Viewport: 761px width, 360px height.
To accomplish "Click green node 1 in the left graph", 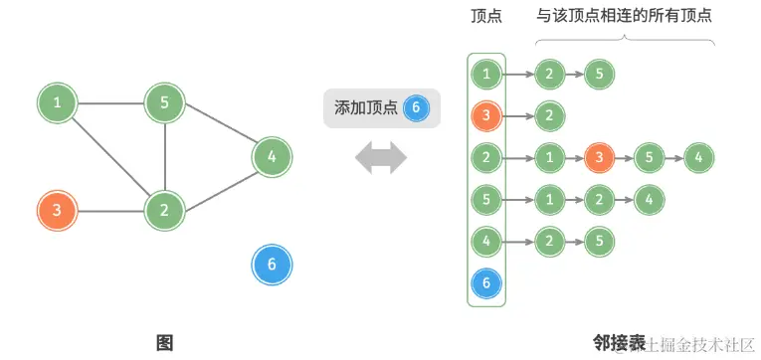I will coord(58,102).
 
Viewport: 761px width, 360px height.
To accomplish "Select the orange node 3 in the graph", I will coord(58,211).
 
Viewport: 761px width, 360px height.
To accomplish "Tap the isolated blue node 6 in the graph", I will coord(272,265).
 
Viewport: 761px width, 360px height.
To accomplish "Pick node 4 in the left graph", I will coord(272,156).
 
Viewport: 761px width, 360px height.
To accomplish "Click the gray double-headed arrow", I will coord(381,156).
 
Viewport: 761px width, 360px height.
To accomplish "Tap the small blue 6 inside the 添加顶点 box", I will coord(417,107).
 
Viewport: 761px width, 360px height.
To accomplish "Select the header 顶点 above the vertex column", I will coord(486,16).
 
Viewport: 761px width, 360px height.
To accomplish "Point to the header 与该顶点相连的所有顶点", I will coord(624,16).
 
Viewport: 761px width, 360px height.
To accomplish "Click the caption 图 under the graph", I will coord(164,343).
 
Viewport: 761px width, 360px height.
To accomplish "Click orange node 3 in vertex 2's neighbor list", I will coord(598,157).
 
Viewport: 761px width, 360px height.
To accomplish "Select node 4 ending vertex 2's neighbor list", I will coord(699,157).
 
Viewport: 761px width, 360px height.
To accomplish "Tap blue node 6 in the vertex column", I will coord(486,283).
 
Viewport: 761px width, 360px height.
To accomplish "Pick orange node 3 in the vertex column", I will coord(486,114).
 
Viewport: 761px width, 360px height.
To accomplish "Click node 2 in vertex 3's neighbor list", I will coord(547,114).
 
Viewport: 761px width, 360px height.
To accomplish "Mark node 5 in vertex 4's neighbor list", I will coord(598,241).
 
